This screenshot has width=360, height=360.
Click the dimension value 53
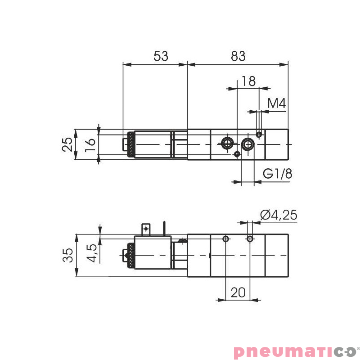pos(161,56)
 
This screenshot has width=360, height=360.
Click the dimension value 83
pos(238,56)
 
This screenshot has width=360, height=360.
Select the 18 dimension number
pos(248,81)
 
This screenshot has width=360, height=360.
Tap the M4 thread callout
pos(277,104)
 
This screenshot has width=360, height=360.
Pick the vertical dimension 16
pos(90,144)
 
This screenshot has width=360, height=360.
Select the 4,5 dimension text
pos(91,253)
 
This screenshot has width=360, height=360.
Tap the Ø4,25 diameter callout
pos(279,215)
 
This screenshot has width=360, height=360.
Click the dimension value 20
pos(238,292)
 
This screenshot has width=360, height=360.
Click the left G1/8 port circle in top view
pos(227,144)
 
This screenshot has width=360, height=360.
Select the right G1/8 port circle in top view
pos(247,144)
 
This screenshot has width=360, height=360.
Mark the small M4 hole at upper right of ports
pos(259,134)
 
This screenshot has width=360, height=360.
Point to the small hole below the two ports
pos(237,154)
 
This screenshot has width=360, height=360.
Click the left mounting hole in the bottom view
pos(225,238)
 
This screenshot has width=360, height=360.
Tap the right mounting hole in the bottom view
pos(250,238)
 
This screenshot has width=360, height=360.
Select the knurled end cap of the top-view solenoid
pos(130,144)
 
